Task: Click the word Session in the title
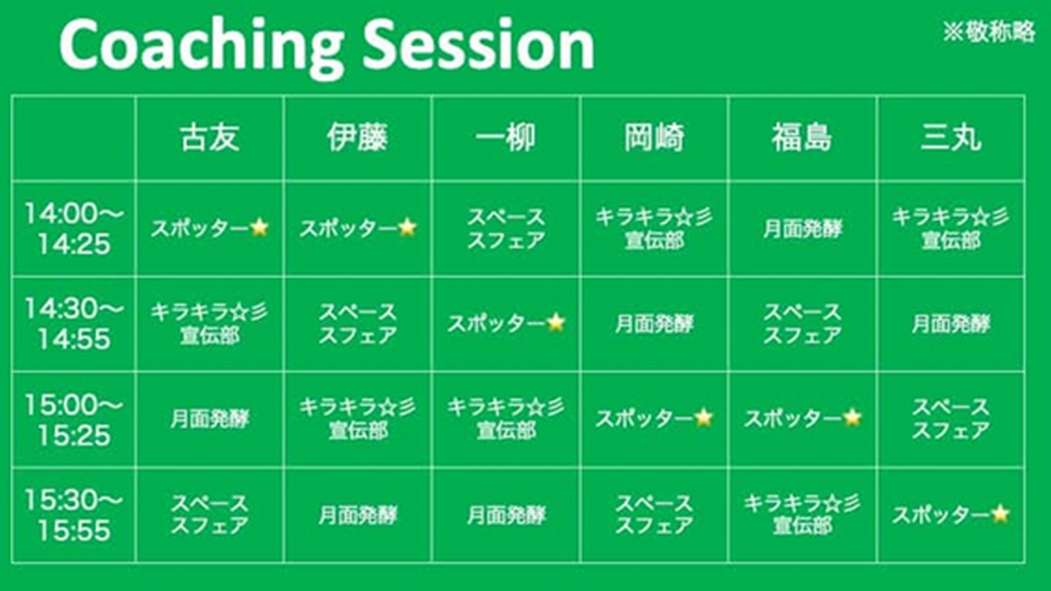[479, 44]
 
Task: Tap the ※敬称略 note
[989, 32]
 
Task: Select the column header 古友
[209, 138]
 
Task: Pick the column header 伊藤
[357, 138]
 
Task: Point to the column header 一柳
[505, 138]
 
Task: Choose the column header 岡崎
[654, 138]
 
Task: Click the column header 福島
[802, 138]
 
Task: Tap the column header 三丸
[951, 138]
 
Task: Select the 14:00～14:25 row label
[74, 229]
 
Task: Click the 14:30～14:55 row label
[74, 323]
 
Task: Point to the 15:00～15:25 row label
[74, 419]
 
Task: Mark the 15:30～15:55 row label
[74, 515]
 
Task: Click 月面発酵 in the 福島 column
[803, 229]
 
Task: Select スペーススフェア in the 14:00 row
[506, 229]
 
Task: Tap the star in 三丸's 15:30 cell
[1000, 514]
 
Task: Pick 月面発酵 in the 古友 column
[209, 419]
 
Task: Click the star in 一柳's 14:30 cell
[556, 323]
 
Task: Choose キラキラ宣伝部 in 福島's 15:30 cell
[802, 514]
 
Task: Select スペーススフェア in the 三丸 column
[951, 419]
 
